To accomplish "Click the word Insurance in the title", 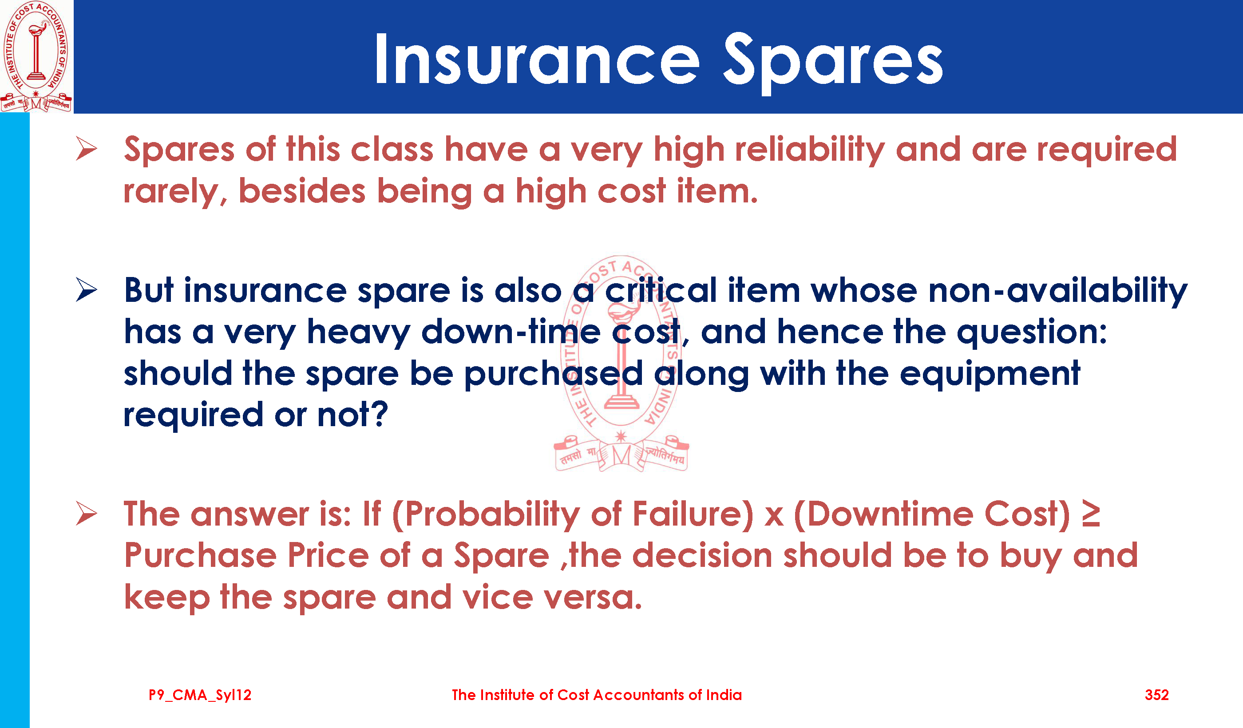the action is point(537,59).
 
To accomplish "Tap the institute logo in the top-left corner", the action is point(36,56).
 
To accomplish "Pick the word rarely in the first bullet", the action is point(175,193).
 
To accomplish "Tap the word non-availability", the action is point(1058,291).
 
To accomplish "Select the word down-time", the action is point(511,332).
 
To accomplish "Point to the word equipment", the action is point(990,374).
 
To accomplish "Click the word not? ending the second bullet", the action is point(352,415).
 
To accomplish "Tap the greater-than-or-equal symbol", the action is point(1091,514).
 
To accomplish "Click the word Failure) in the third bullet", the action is point(693,515).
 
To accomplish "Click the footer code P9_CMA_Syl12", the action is point(200,695).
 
